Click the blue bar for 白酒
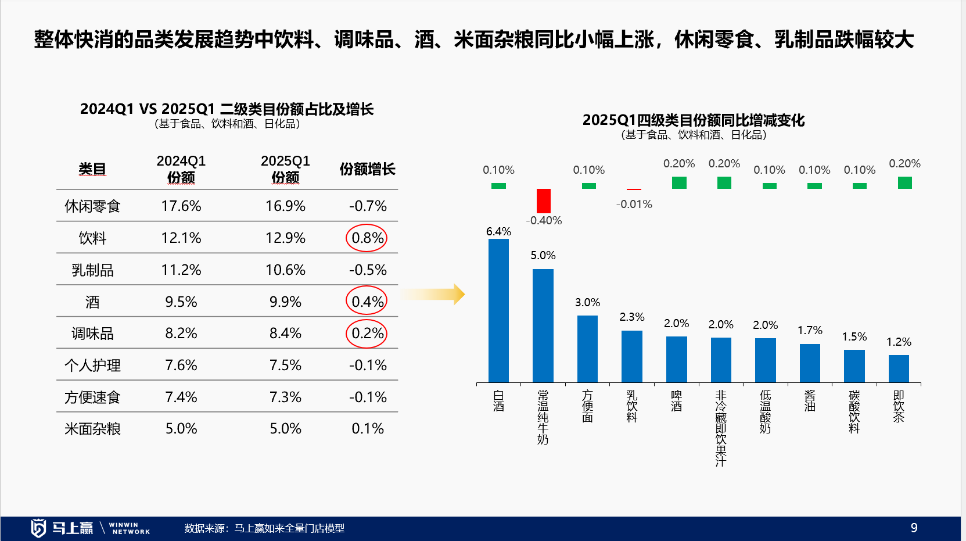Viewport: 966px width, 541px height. (x=498, y=311)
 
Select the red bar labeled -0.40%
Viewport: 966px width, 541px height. (x=543, y=200)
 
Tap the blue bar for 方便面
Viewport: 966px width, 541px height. (x=587, y=349)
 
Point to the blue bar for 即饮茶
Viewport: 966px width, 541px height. (x=899, y=369)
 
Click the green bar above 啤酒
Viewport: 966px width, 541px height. (x=679, y=183)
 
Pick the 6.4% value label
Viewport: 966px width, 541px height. (x=498, y=231)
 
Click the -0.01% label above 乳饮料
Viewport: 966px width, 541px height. (x=634, y=204)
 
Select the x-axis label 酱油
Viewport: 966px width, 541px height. (x=810, y=401)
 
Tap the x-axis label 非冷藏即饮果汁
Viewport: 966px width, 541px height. (x=721, y=428)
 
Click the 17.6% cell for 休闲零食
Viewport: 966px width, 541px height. (x=181, y=206)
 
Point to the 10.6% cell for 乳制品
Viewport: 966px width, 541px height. (x=285, y=270)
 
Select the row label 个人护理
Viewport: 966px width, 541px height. (x=92, y=366)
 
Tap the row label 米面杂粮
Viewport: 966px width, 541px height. (x=92, y=429)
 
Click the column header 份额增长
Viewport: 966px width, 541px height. (x=368, y=169)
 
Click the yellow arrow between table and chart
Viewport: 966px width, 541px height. (x=433, y=295)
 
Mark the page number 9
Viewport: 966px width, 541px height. (x=914, y=528)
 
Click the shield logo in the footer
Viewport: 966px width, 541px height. (x=38, y=528)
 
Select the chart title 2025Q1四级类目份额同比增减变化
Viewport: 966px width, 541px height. (x=694, y=120)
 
